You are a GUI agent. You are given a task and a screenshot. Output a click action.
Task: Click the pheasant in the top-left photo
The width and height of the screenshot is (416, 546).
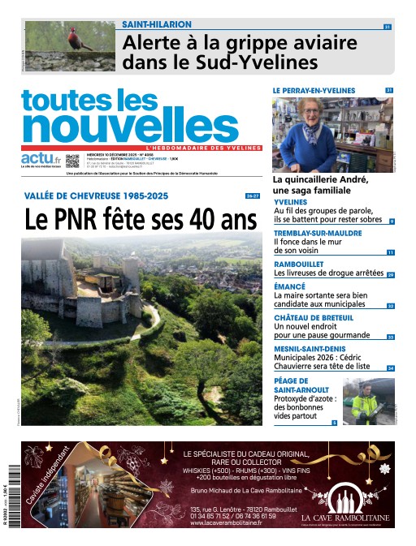point(76,41)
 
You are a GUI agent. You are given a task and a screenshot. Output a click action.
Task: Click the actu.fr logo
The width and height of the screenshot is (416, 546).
point(41,157)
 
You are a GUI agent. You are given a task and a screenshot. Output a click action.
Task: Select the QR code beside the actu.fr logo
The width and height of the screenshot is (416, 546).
point(73,161)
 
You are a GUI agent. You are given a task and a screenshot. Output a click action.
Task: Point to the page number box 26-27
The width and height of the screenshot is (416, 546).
point(253,196)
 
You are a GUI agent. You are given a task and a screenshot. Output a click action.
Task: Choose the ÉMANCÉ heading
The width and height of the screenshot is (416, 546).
point(289,286)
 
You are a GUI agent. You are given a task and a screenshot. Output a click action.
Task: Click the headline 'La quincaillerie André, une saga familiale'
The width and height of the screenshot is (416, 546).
point(320,184)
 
